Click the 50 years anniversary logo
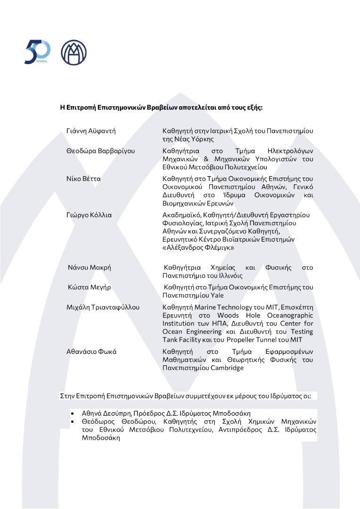[x=37, y=52]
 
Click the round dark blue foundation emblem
[x=74, y=52]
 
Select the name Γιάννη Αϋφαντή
[x=91, y=131]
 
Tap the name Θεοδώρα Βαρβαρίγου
[x=101, y=151]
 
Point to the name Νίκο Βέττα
[x=83, y=179]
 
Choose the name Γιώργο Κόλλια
[x=89, y=214]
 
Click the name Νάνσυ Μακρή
[x=90, y=267]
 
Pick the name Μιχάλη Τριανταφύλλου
[x=103, y=307]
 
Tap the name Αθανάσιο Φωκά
[x=91, y=351]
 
